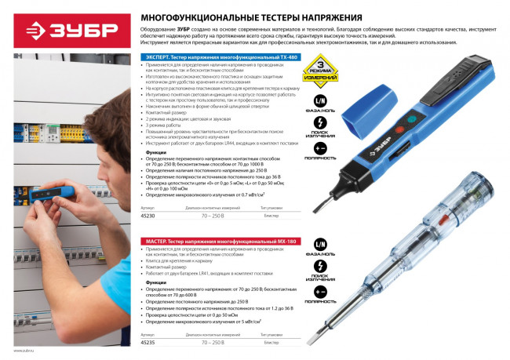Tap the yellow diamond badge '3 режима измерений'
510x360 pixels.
click(x=322, y=70)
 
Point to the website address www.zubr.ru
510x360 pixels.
click(x=25, y=351)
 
